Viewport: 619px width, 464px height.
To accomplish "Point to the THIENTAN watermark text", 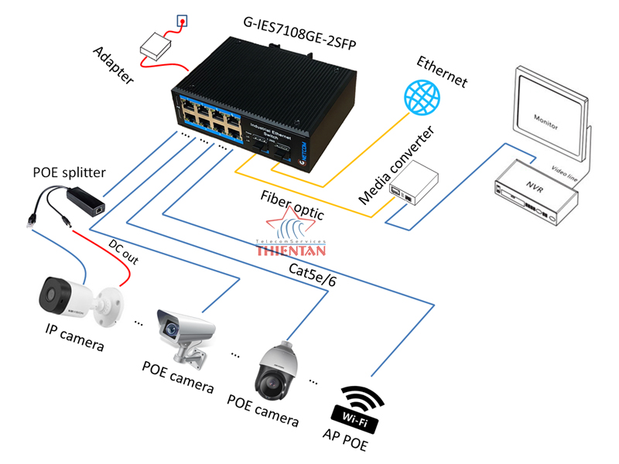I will [290, 249].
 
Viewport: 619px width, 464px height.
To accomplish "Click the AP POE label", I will [344, 445].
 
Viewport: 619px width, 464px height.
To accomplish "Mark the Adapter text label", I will [112, 66].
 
